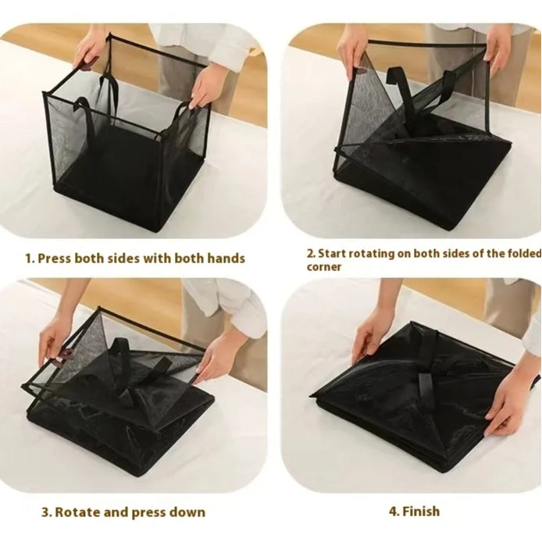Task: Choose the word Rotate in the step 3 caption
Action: [x=79, y=512]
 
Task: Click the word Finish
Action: [x=421, y=512]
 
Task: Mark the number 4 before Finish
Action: [x=393, y=512]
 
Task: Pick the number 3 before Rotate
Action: [x=46, y=512]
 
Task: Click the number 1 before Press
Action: [x=30, y=258]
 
